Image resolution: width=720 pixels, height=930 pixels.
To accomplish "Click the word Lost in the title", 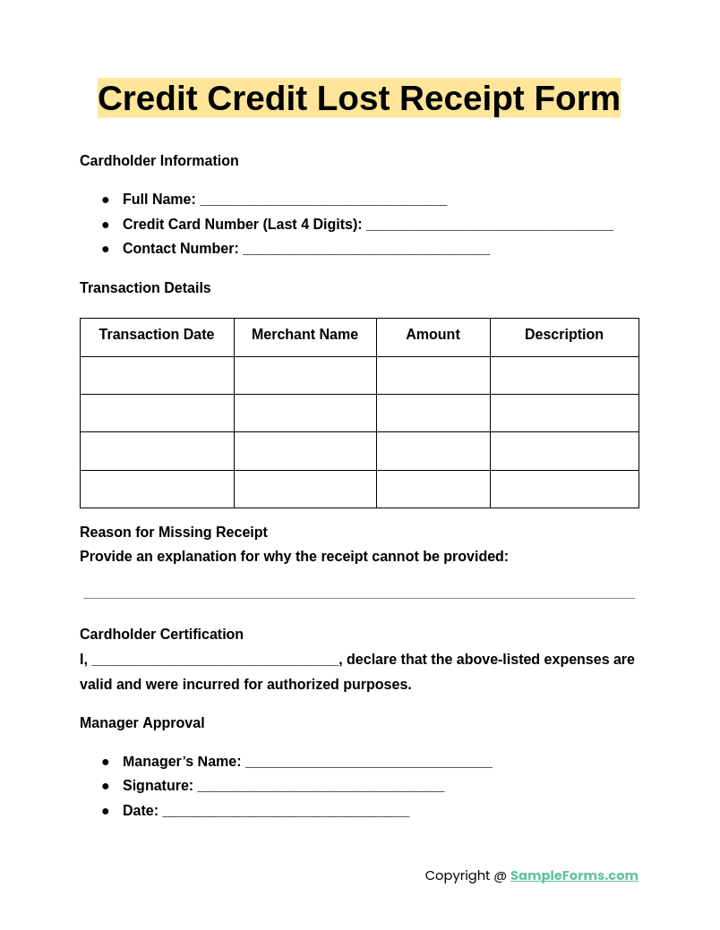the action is (353, 98).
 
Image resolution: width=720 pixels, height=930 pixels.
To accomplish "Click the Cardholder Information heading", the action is (159, 161).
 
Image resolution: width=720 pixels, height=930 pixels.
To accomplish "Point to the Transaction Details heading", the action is (145, 288).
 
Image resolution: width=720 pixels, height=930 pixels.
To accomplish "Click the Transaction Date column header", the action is (157, 335).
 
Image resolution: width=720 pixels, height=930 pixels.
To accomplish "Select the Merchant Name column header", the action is (304, 335).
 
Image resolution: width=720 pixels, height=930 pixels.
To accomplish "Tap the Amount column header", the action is (433, 335).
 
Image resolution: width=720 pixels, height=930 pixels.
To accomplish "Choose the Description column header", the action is (564, 335).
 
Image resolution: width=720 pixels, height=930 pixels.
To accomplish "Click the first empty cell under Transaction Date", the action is (157, 376).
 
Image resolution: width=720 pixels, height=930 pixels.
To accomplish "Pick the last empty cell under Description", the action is (564, 490).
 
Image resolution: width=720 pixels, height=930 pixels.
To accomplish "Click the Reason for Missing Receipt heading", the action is (174, 533).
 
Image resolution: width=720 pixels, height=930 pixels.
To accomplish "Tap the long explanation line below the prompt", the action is (358, 595).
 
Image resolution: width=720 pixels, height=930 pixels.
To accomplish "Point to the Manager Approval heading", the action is (142, 723).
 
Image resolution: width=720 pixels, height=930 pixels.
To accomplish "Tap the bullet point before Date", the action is (105, 811).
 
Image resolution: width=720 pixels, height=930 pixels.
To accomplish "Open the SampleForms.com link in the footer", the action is (574, 875).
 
